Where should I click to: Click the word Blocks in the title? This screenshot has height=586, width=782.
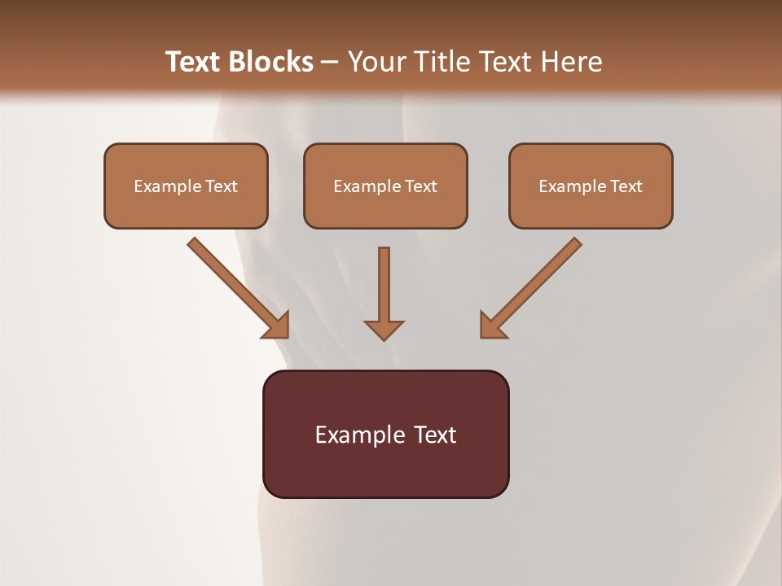click(x=268, y=62)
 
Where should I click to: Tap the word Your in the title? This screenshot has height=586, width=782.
click(x=373, y=62)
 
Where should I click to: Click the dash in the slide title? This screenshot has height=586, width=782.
click(x=330, y=63)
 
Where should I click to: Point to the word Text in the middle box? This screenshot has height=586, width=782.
click(x=420, y=186)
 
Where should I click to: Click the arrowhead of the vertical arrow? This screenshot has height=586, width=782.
click(x=384, y=330)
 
